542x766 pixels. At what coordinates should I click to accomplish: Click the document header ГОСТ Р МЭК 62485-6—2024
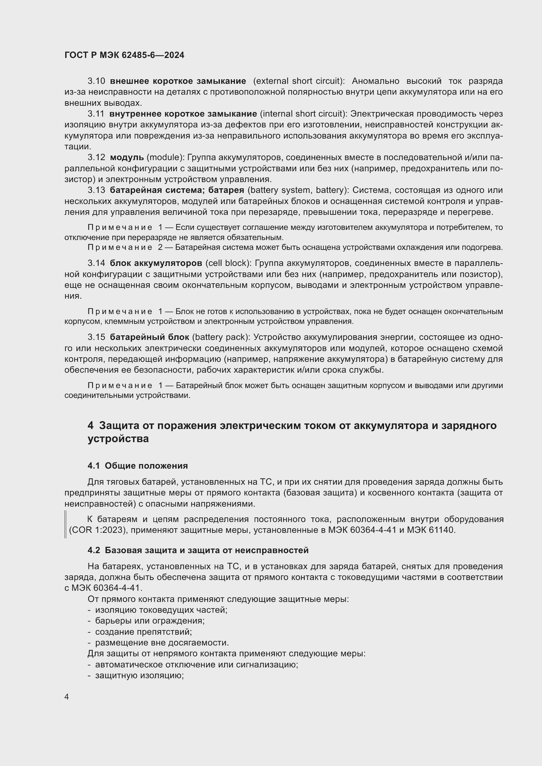pyautogui.click(x=124, y=55)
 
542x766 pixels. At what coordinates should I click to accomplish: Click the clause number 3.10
pyautogui.click(x=96, y=81)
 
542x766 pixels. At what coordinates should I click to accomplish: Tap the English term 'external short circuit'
pyautogui.click(x=299, y=81)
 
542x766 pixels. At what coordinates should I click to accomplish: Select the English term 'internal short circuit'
pyautogui.click(x=303, y=114)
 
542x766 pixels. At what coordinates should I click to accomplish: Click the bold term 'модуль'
pyautogui.click(x=127, y=157)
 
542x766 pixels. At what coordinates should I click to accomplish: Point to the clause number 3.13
pyautogui.click(x=96, y=190)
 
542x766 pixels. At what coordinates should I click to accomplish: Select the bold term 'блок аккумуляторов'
pyautogui.click(x=156, y=263)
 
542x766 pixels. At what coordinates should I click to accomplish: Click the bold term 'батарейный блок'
pyautogui.click(x=149, y=337)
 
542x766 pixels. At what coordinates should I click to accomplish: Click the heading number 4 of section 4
pyautogui.click(x=90, y=426)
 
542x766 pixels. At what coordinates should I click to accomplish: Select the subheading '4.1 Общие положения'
pyautogui.click(x=138, y=466)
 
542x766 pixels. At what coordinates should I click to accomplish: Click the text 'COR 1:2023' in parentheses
pyautogui.click(x=98, y=530)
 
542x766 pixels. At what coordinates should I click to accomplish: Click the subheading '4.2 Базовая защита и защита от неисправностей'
pyautogui.click(x=198, y=551)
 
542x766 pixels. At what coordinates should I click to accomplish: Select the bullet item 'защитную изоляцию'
pyautogui.click(x=140, y=676)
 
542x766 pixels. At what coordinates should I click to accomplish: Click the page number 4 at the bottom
pyautogui.click(x=67, y=697)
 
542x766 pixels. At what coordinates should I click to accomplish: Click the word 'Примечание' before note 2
pyautogui.click(x=120, y=248)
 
